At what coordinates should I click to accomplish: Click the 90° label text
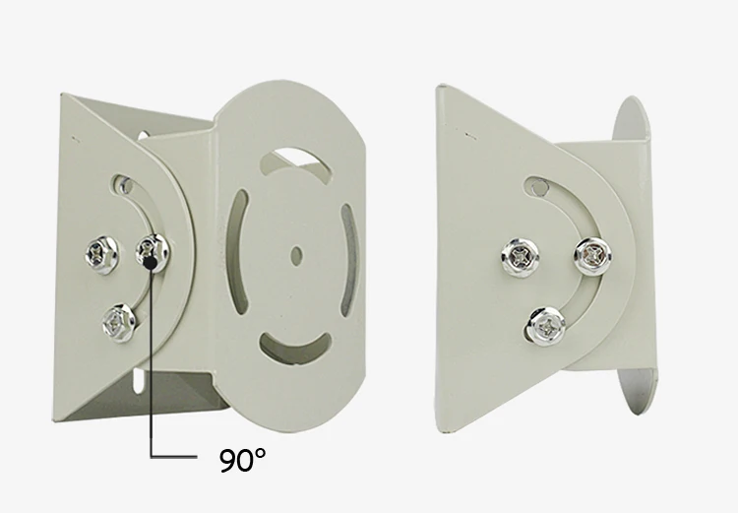coord(241,459)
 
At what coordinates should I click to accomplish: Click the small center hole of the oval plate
coord(296,252)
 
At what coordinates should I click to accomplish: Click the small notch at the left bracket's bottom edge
coord(138,378)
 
